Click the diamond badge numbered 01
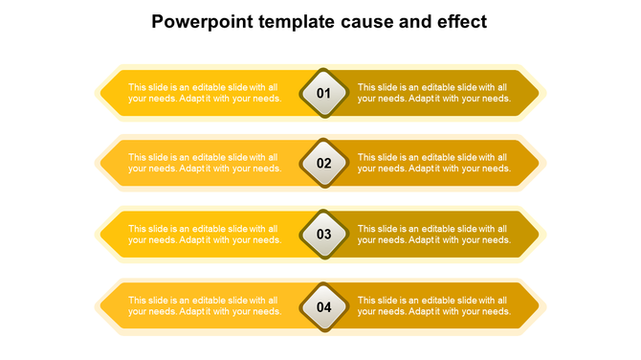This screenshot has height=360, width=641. pos(323,93)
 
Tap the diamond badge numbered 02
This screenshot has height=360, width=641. pos(323,163)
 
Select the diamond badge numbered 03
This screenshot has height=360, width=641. pos(323,234)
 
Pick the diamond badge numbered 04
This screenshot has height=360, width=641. pos(323,306)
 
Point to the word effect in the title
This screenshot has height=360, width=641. pos(460,22)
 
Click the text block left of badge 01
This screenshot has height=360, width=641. pos(205,93)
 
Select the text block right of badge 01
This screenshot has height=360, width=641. pos(434,93)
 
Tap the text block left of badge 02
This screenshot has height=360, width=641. pos(205,163)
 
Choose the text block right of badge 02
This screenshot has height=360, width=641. pos(434,163)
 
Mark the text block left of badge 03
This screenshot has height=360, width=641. pos(205,234)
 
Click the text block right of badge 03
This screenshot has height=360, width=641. pos(434,234)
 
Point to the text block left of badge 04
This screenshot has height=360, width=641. pos(205,306)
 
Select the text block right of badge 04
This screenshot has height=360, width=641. pos(434,306)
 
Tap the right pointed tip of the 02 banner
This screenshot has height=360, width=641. pos(542,163)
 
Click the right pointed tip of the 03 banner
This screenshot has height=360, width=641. pos(542,234)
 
